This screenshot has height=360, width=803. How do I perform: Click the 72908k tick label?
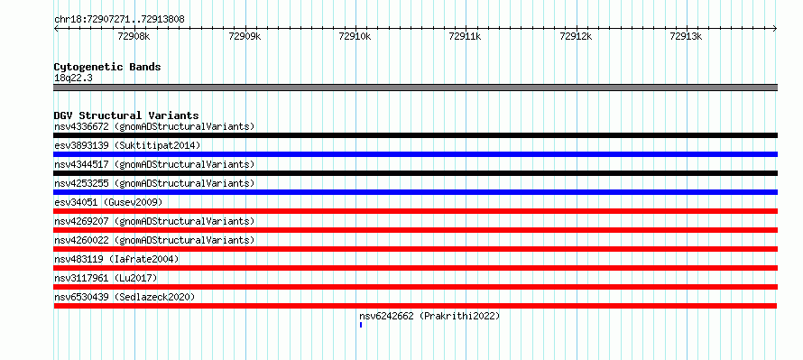(x=134, y=36)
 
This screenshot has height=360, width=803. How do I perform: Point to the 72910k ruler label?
(x=355, y=36)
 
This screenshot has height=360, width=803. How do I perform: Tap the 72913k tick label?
(x=687, y=36)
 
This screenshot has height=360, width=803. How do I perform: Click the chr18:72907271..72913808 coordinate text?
(x=119, y=20)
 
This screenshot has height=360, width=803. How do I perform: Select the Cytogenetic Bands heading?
(x=107, y=67)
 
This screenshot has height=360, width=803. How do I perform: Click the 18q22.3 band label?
(x=73, y=78)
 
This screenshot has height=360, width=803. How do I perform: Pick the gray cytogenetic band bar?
(x=416, y=88)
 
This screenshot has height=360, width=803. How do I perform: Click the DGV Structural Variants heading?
(x=126, y=115)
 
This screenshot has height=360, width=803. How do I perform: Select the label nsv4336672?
(x=81, y=126)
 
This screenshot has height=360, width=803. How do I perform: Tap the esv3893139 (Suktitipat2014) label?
(x=127, y=145)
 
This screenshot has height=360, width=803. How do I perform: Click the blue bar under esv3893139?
(x=416, y=154)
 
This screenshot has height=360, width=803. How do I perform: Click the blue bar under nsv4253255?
(x=416, y=192)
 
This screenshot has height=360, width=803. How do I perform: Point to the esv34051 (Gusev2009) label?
(x=108, y=202)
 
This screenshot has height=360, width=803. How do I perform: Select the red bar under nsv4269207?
(x=416, y=230)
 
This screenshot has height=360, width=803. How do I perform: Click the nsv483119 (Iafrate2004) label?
(x=116, y=259)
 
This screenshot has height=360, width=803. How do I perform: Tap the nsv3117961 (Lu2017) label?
(x=106, y=278)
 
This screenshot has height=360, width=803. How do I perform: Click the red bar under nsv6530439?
(x=416, y=306)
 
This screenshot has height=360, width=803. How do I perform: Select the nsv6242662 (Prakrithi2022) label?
(x=429, y=316)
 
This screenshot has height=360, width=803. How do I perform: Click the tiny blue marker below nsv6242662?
(x=361, y=325)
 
